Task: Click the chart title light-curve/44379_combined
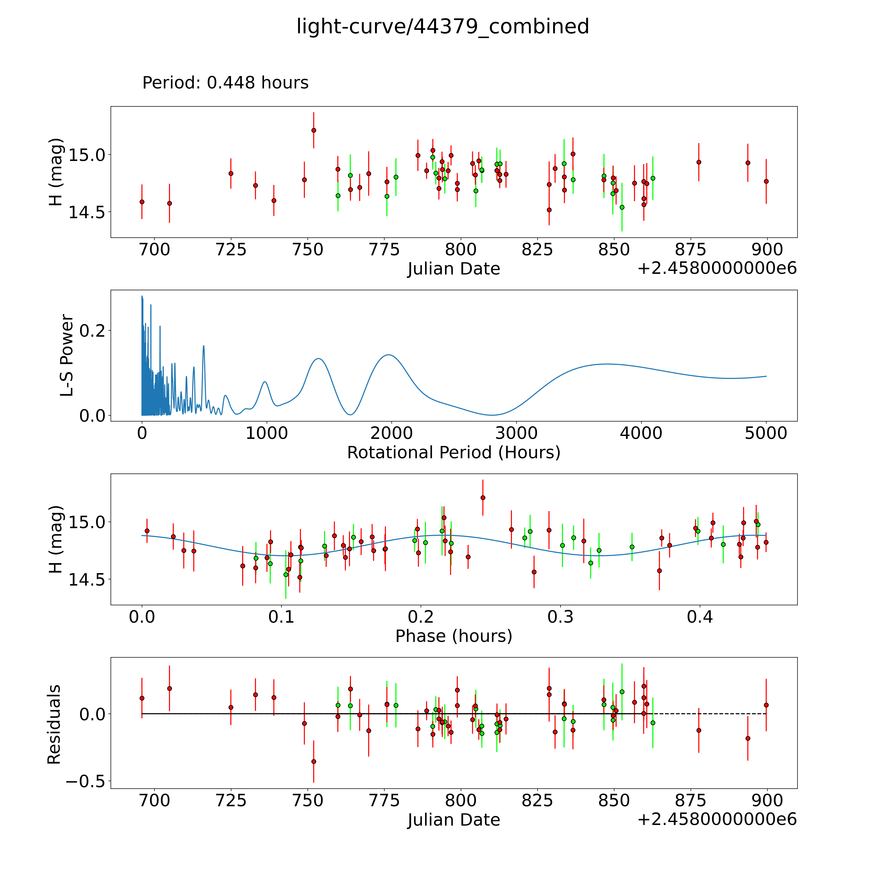pyautogui.click(x=443, y=27)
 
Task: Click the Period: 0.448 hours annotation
pyautogui.click(x=225, y=83)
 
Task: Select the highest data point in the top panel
pyautogui.click(x=314, y=130)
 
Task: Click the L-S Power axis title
pyautogui.click(x=67, y=355)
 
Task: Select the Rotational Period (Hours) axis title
pyautogui.click(x=454, y=453)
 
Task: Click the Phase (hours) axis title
pyautogui.click(x=454, y=636)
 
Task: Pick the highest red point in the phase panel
pyautogui.click(x=482, y=498)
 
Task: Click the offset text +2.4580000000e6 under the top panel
pyautogui.click(x=717, y=268)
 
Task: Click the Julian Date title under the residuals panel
pyautogui.click(x=454, y=820)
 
